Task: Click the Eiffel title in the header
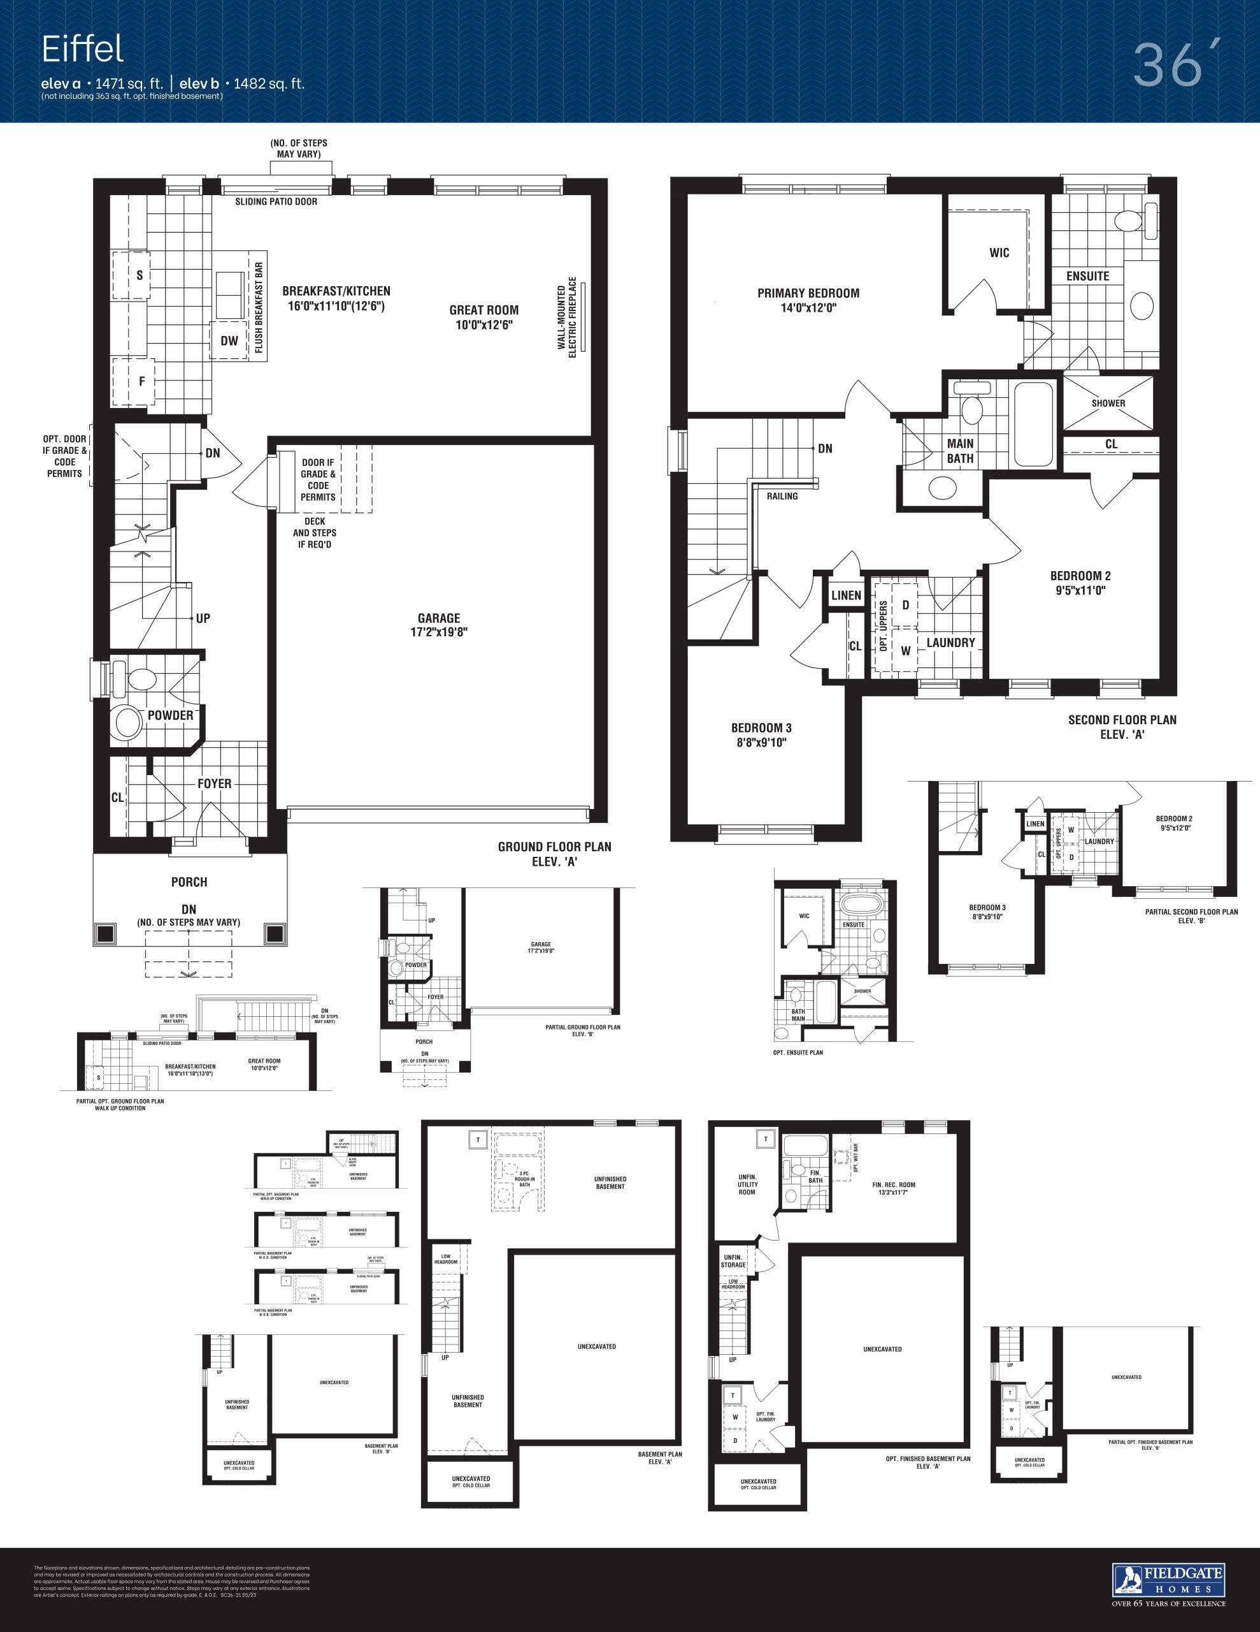[x=82, y=49]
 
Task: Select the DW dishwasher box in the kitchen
[x=229, y=341]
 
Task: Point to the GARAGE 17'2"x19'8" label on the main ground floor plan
[x=439, y=625]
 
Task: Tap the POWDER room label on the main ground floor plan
[x=170, y=715]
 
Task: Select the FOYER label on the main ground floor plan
[x=215, y=783]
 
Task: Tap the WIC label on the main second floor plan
[x=999, y=252]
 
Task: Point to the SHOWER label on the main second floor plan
[x=1108, y=403]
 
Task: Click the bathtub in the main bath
[x=1033, y=424]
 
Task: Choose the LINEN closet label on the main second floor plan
[x=846, y=595]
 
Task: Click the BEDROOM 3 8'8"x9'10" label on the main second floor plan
[x=761, y=734]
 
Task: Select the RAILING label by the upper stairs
[x=782, y=496]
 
